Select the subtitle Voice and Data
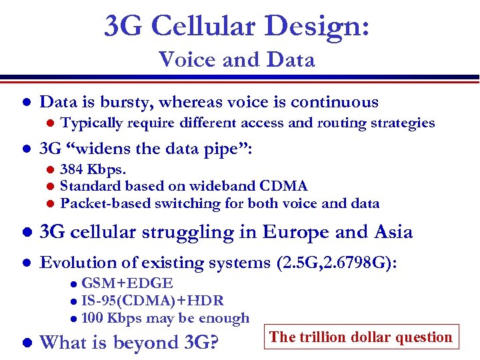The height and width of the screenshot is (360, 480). (x=237, y=60)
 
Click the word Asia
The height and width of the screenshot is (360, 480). (x=390, y=232)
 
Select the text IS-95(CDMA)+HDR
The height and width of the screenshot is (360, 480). (x=152, y=301)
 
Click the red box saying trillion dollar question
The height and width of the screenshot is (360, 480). (x=361, y=337)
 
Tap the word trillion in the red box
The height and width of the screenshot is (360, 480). (x=321, y=337)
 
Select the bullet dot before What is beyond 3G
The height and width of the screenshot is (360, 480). (x=25, y=343)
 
